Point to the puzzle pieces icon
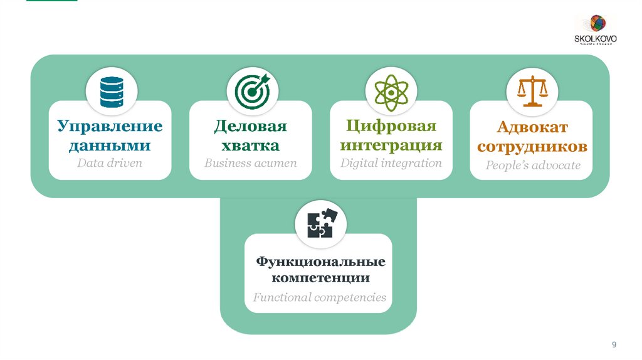320,225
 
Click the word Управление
110,127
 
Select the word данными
110,146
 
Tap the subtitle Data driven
110,164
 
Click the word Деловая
250,127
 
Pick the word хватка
250,146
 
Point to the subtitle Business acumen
250,164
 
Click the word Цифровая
391,126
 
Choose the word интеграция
391,146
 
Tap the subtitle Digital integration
391,163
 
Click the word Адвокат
532,127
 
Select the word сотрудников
532,147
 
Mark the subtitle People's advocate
533,166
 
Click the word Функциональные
320,261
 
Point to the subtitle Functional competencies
319,297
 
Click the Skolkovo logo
596,30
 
